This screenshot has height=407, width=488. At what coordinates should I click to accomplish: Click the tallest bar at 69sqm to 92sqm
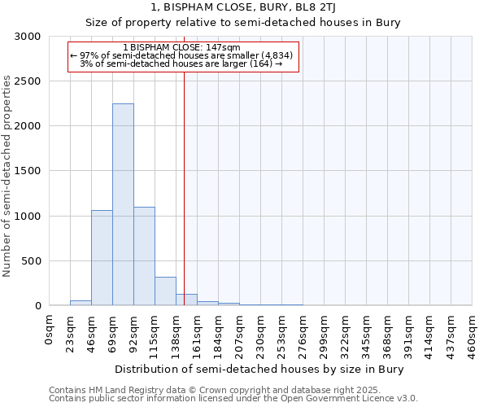tap(123, 204)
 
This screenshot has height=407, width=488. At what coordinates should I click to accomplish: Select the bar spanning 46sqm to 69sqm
tap(102, 257)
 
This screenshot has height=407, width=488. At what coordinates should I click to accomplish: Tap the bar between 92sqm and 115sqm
tap(144, 256)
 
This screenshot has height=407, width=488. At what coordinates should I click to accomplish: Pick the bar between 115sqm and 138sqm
tap(165, 291)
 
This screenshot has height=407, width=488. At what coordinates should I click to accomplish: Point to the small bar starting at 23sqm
tap(81, 303)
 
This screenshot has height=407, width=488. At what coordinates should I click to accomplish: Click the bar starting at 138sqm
tap(186, 300)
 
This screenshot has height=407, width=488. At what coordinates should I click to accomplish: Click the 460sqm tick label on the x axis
tap(473, 334)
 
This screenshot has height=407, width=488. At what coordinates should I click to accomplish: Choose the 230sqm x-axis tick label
tap(261, 334)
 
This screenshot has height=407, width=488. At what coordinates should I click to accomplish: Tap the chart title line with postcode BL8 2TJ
tap(244, 7)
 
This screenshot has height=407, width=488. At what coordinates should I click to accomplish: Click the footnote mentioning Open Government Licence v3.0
tap(233, 398)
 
